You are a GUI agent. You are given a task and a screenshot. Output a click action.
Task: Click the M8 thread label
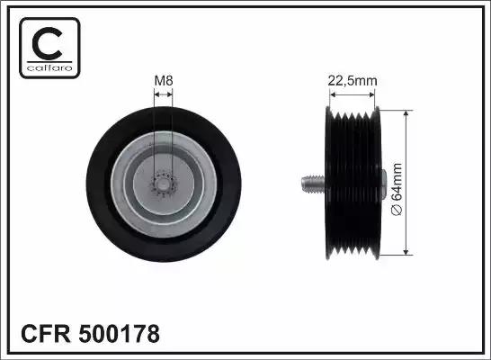(x=164, y=80)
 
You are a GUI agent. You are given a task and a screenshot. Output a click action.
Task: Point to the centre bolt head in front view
(x=163, y=184)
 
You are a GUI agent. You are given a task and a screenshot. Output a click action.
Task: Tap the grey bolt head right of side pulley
(x=384, y=184)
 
